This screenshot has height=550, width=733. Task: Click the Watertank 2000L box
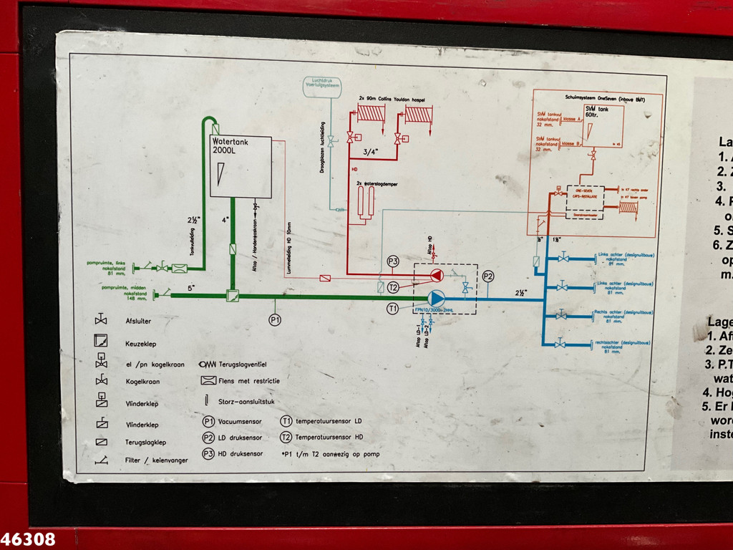pos(241,166)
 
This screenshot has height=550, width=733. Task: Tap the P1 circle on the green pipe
pos(276,320)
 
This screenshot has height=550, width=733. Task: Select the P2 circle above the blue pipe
pos(488,276)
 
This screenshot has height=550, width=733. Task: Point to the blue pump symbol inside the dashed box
pos(435,297)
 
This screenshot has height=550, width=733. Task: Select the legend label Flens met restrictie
pos(251,380)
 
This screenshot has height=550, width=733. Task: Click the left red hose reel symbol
pos(372,114)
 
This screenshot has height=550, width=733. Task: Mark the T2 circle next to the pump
pos(392,287)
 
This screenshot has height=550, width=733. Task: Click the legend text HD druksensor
pos(241,453)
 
